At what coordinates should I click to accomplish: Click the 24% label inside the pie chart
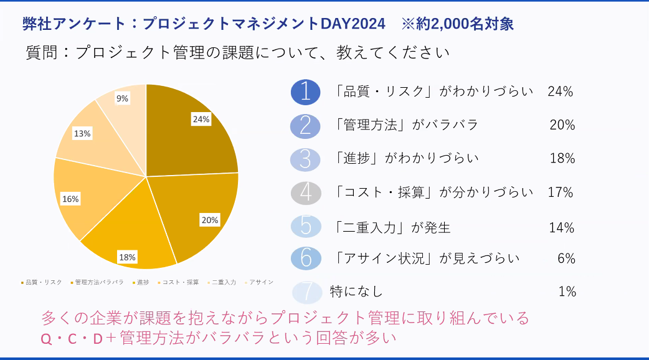coord(201,119)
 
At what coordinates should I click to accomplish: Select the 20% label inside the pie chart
coord(209,219)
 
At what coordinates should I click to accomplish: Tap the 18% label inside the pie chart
coord(128,257)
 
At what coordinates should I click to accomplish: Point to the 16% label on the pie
coord(70,199)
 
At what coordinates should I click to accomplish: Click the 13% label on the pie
coord(82,133)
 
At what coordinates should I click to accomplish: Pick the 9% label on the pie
coord(122,98)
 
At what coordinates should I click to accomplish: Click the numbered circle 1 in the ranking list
coord(305,92)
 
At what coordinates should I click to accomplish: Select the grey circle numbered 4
coord(305,192)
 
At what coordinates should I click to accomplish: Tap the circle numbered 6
coord(305,258)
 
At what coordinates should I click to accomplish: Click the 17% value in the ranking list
coord(560,192)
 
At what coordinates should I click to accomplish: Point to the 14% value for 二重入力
coord(561,227)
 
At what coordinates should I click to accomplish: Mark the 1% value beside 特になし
coord(567,291)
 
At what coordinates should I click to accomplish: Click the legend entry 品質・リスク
coord(42,282)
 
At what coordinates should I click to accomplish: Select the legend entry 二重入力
coord(222,282)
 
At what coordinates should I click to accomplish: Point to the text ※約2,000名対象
coord(458,24)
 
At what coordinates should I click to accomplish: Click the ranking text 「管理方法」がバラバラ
coord(407,125)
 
